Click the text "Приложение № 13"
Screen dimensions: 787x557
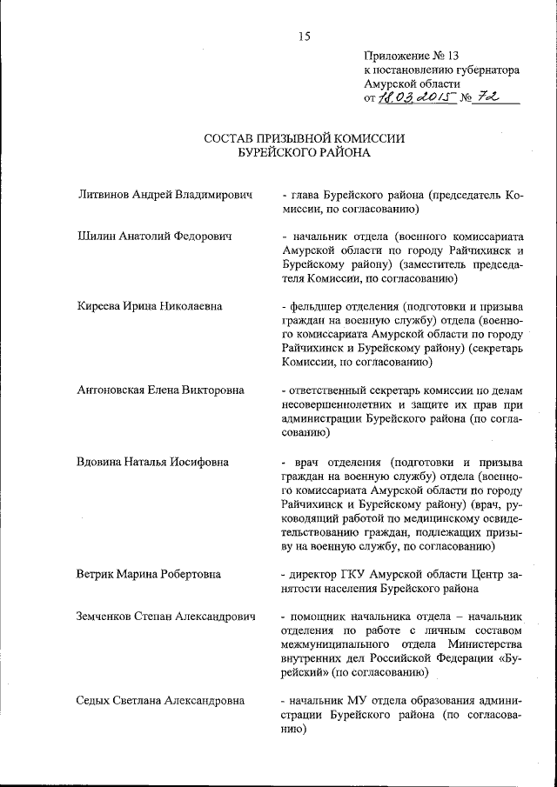[x=408, y=55]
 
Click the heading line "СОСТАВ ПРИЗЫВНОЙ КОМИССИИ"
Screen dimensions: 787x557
[x=305, y=138]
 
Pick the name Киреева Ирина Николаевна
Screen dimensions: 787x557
[x=150, y=305]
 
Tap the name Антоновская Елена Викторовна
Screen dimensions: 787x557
[x=161, y=390]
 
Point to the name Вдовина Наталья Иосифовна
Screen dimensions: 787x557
[x=154, y=460]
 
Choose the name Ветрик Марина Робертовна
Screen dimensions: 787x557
[x=149, y=574]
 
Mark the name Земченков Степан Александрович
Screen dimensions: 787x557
[x=166, y=616]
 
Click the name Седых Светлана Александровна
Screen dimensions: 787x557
[x=161, y=700]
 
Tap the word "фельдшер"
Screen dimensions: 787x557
[x=317, y=305]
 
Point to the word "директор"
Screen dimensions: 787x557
[x=316, y=574]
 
